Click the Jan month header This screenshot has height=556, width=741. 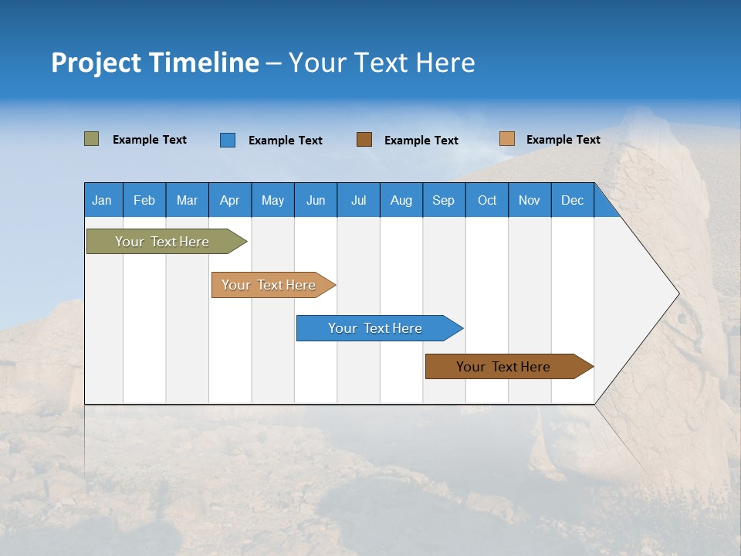[x=102, y=200]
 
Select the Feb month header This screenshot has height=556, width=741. [x=144, y=200]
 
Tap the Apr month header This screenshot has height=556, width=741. [x=229, y=200]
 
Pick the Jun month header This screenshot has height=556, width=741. [x=316, y=200]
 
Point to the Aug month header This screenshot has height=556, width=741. [x=401, y=200]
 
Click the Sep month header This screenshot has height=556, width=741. [x=443, y=200]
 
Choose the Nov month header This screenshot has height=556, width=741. [x=530, y=200]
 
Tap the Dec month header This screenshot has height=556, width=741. [x=572, y=200]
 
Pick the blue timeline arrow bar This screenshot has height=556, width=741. [x=376, y=328]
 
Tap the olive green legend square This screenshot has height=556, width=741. [x=91, y=139]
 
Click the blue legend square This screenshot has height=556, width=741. [x=227, y=140]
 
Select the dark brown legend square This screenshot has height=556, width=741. [x=364, y=140]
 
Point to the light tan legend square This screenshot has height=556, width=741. [x=506, y=139]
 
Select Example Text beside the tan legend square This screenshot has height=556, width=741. [x=563, y=139]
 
